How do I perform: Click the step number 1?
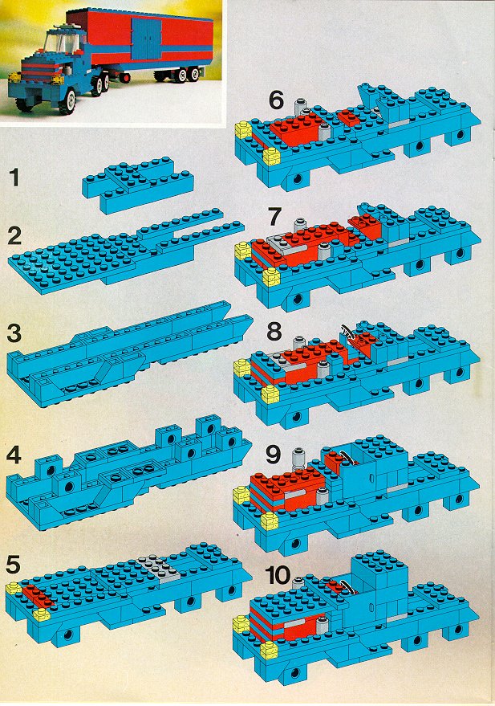(14, 178)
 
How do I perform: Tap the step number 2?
(14, 235)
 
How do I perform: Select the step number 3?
(14, 333)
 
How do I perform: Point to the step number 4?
(14, 456)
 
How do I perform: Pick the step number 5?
(14, 565)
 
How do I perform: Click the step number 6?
(277, 100)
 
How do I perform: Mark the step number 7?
(274, 217)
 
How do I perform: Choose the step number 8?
(274, 332)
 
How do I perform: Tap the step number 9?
(274, 455)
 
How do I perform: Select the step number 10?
(278, 575)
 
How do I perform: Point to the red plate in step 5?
(38, 595)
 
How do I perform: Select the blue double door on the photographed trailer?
(147, 39)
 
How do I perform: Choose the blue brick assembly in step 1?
(139, 184)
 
